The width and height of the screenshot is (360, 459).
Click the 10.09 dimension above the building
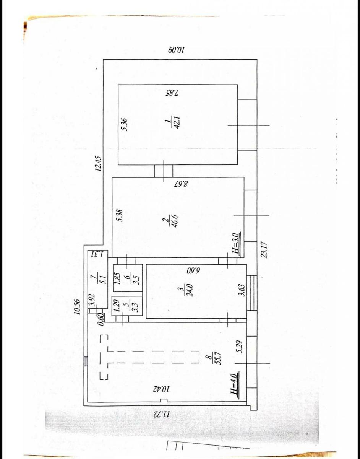tap(177, 50)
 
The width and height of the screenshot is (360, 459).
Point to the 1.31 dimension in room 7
tap(97, 254)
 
